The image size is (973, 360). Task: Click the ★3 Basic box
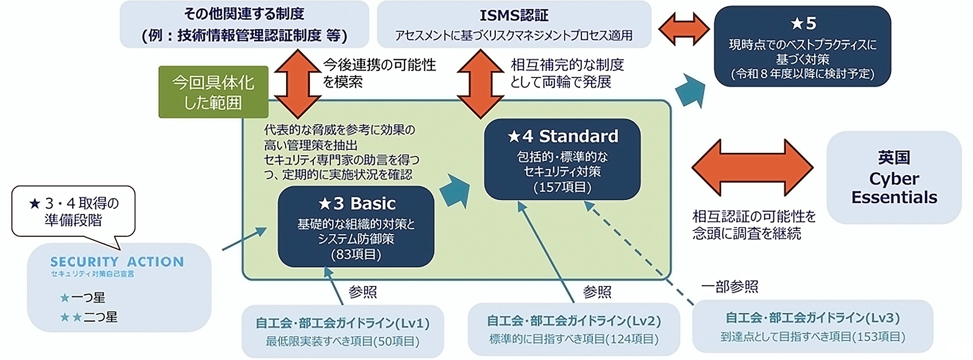pos(356,227)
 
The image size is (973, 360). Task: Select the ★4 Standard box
pos(562,159)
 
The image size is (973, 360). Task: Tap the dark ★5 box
pos(802,47)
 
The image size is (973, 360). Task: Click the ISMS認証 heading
pos(514,16)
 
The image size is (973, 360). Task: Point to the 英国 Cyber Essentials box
pos(894,178)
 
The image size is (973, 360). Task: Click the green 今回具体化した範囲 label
pos(213,92)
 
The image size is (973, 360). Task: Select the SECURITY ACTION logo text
pos(117,262)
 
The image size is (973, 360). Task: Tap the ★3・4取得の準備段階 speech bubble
pos(73,212)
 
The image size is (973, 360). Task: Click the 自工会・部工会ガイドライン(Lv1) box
pos(342,331)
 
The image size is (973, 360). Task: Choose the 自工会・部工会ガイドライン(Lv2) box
pos(574,329)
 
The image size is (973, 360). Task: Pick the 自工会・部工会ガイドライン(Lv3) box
pos(812,326)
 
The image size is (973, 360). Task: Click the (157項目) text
pos(562,187)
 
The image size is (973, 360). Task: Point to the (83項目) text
pos(356,254)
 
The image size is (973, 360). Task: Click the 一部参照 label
pos(729,287)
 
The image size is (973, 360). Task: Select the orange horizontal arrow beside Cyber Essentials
pos(752,167)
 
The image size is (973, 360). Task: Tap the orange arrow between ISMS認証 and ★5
pos(684,30)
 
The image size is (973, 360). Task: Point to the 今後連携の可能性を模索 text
pos(379,73)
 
